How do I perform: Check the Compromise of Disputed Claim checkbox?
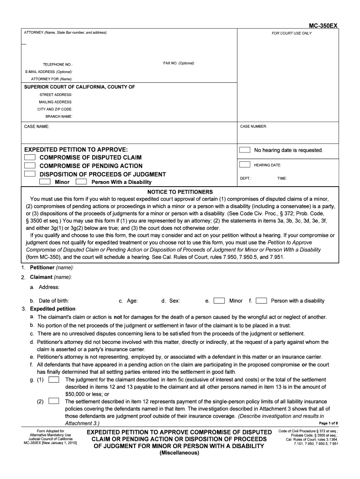coord(30,158)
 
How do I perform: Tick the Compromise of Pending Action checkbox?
coord(30,166)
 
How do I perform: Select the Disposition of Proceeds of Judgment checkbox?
coord(30,174)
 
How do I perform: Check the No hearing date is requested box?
coord(245,150)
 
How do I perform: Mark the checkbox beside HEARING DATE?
coord(245,165)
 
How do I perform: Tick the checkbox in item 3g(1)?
coord(53,379)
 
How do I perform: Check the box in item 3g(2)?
coord(53,401)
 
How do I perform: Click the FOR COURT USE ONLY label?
coord(292,33)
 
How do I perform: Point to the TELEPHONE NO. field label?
coord(58,65)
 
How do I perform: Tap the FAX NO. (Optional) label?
coord(179,63)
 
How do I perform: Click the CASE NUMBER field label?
coord(253,126)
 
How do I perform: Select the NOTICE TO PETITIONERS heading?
coord(180,192)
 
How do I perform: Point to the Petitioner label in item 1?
coord(43,268)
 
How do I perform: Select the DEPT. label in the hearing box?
coord(246,178)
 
